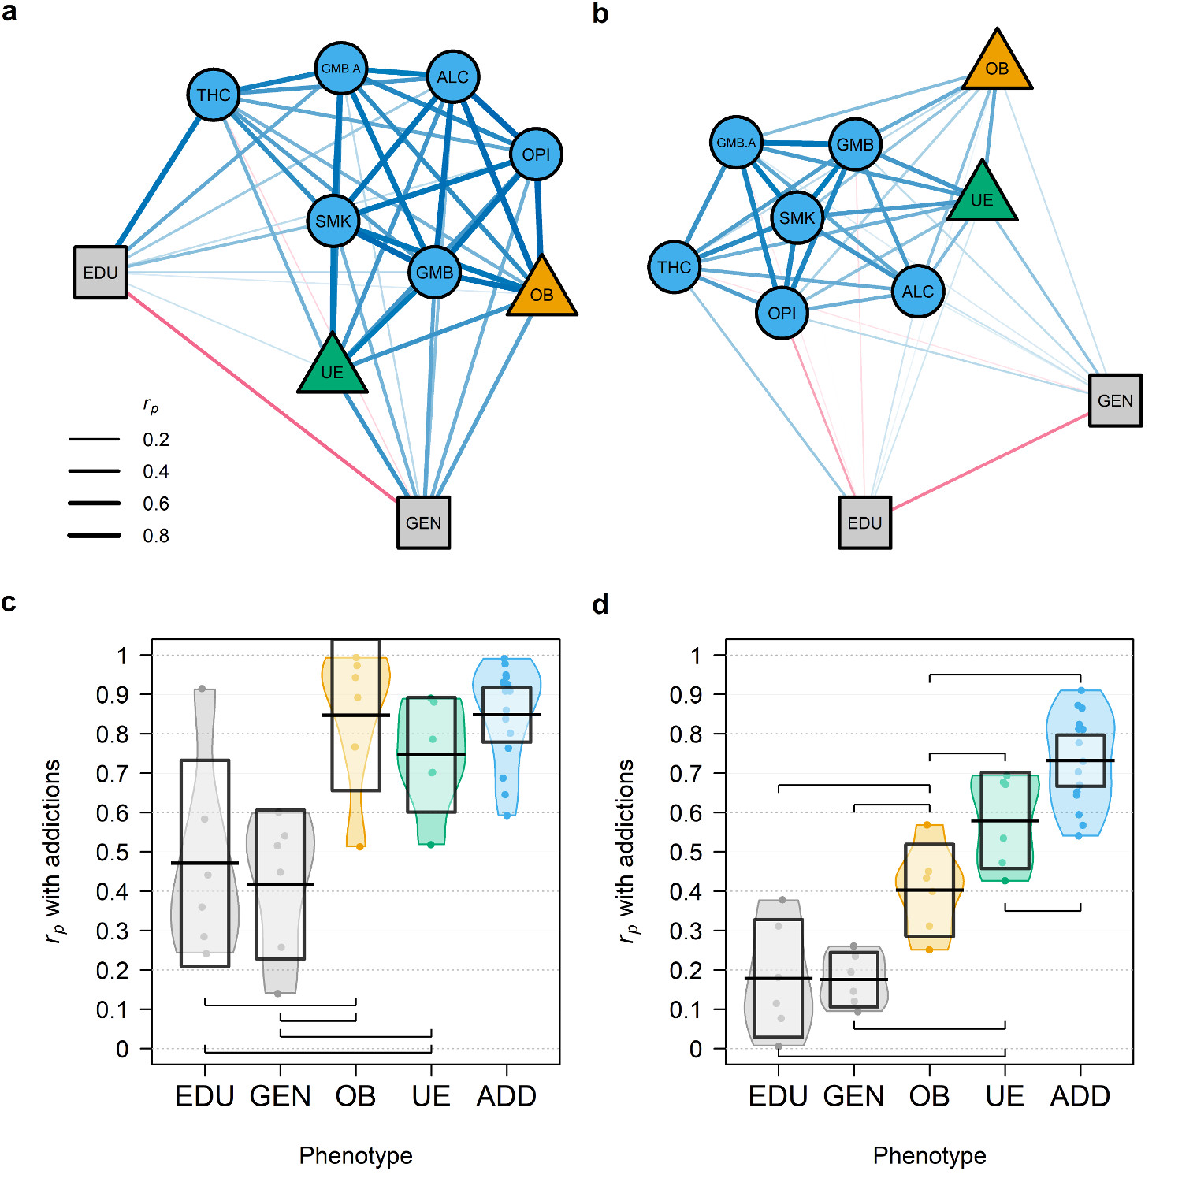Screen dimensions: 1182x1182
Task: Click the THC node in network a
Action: click(x=214, y=95)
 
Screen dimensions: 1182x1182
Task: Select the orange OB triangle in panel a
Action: click(x=542, y=290)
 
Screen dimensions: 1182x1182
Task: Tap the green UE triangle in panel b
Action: click(x=982, y=195)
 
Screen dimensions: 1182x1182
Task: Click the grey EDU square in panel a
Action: click(x=101, y=273)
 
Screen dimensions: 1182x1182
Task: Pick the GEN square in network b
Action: click(x=1115, y=400)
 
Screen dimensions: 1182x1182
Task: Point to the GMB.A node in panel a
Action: click(x=340, y=69)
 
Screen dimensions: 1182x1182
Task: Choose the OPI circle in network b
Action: click(x=782, y=313)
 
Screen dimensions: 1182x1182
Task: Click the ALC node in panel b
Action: click(x=918, y=292)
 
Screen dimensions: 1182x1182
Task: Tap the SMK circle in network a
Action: click(x=333, y=221)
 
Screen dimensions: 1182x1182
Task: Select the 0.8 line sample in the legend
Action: click(x=95, y=535)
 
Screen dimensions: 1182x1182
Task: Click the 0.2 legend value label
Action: click(x=156, y=440)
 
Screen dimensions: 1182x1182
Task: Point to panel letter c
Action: click(x=9, y=602)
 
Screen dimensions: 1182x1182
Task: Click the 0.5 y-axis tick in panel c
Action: click(x=112, y=852)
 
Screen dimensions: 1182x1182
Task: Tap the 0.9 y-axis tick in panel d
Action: click(x=686, y=694)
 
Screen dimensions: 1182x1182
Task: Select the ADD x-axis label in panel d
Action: click(x=1080, y=1096)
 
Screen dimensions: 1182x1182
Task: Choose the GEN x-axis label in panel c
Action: click(x=281, y=1096)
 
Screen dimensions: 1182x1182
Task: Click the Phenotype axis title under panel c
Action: click(x=355, y=1155)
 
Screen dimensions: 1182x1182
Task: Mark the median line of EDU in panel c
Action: click(x=205, y=863)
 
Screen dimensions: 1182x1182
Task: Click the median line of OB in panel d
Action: click(x=929, y=890)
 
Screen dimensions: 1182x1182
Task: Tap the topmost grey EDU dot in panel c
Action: click(x=202, y=689)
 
